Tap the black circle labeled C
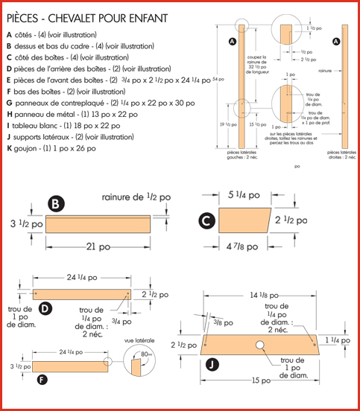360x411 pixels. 206,220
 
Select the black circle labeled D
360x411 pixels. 44,308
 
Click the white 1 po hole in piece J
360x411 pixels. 261,345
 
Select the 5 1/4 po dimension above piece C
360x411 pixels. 244,195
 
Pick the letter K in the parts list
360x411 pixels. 9,149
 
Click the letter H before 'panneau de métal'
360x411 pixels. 9,114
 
